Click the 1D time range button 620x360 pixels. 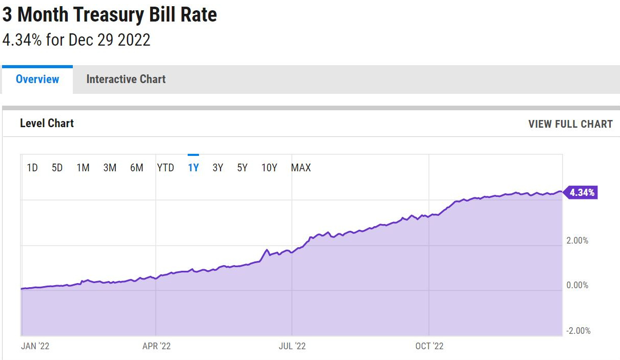coord(32,168)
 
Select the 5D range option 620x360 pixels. coord(57,168)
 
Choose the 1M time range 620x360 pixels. coord(83,168)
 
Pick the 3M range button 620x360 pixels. coord(110,168)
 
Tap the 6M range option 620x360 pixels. coord(136,168)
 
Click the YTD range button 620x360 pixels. coord(166,168)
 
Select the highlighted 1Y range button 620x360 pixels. coord(193,168)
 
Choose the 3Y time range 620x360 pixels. coord(218,168)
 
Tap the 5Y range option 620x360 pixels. coord(243,168)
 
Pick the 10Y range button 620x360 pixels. coord(269,168)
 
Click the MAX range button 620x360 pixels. coord(301,168)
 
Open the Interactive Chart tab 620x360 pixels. coord(126,79)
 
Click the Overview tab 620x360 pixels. coord(37,79)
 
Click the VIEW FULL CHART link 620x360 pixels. coord(570,124)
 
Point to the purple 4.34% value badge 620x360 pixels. coord(582,193)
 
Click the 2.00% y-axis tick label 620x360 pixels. coord(577,241)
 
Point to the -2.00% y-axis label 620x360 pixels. coord(578,331)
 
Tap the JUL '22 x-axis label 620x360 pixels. coord(292,346)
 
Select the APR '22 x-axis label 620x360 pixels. coord(156,346)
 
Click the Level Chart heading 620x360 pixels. coord(47,124)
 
